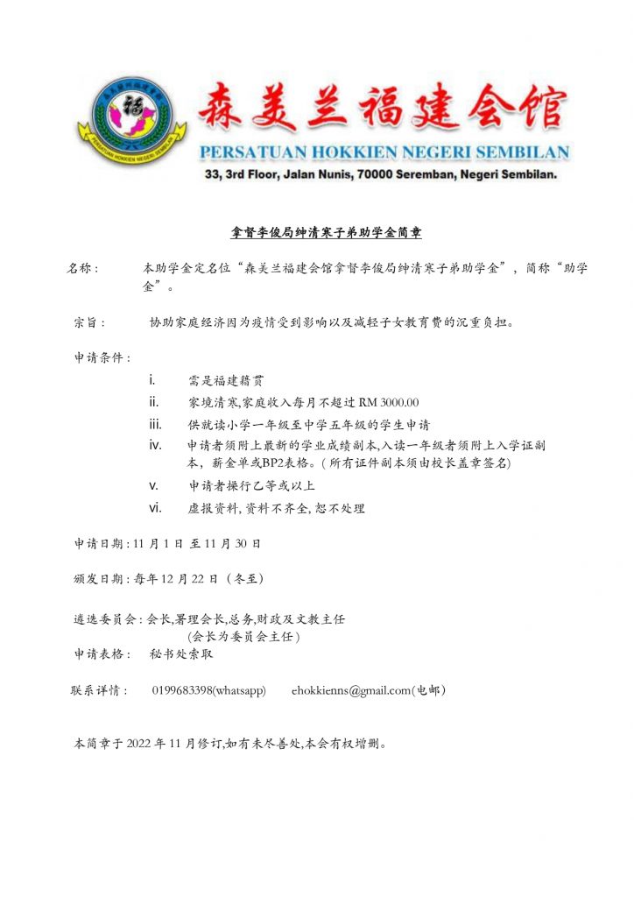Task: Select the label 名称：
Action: tap(85, 268)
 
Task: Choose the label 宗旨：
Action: tap(90, 321)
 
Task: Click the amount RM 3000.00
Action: tap(389, 403)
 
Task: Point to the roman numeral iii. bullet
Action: tap(154, 424)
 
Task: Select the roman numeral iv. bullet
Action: tap(154, 446)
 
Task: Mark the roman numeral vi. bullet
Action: tap(154, 507)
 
